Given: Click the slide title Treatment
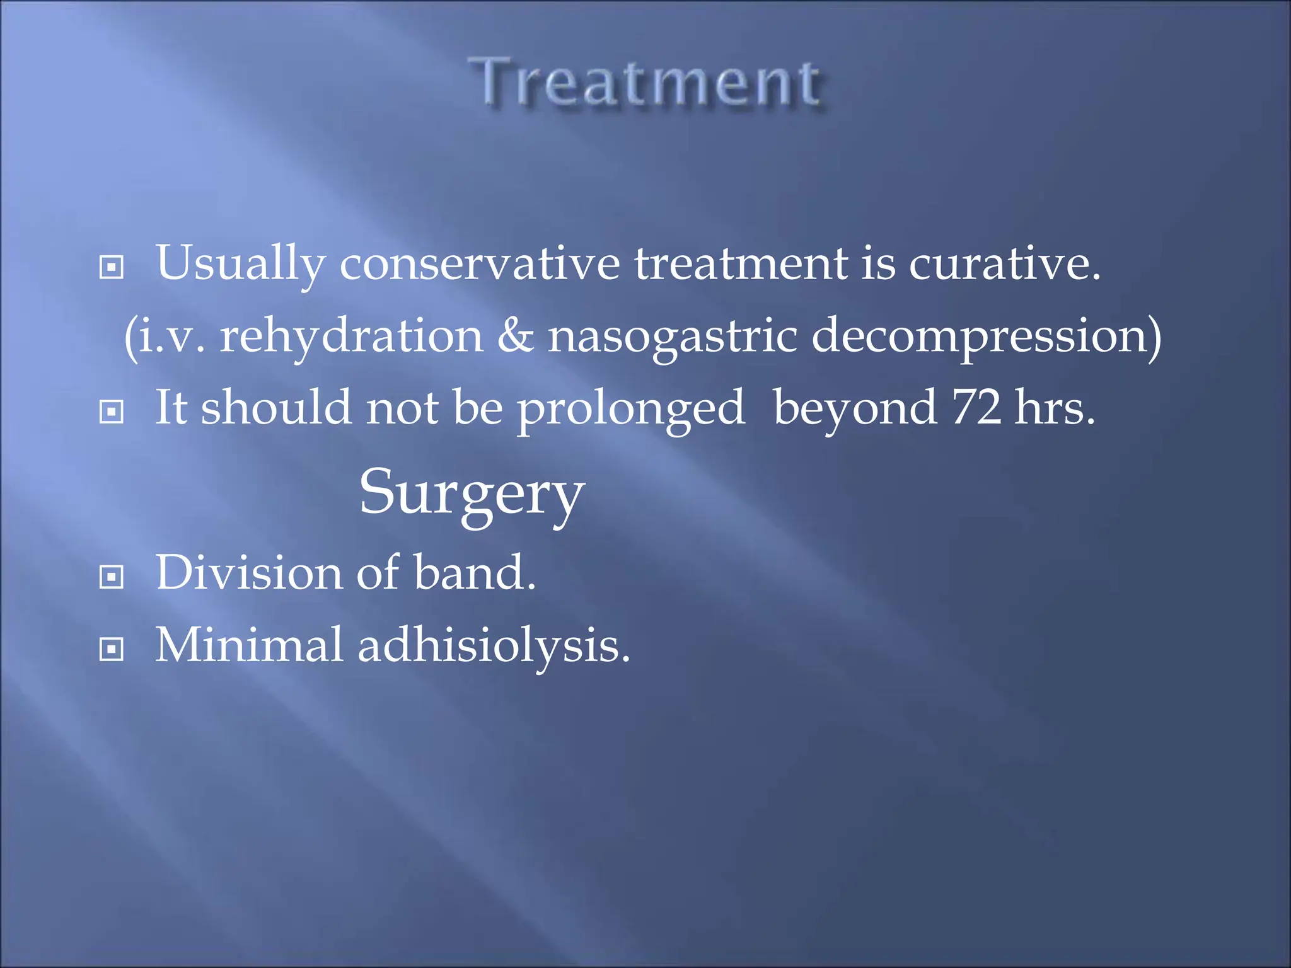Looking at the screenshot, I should tap(647, 83).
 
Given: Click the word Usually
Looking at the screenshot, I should tap(240, 263).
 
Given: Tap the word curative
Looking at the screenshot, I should tap(1004, 263).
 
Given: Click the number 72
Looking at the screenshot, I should tap(976, 408).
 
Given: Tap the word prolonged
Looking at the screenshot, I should tap(631, 410).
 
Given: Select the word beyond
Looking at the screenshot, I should tap(855, 410).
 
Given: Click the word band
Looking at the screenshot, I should tap(474, 572).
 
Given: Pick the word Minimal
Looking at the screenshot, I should tap(249, 645).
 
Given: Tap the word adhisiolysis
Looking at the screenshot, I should tap(494, 646).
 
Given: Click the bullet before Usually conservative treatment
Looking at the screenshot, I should tap(112, 267).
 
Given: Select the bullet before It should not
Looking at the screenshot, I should tap(112, 412).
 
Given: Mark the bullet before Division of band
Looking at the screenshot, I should tap(112, 577).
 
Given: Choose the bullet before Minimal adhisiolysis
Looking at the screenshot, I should tap(112, 649).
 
